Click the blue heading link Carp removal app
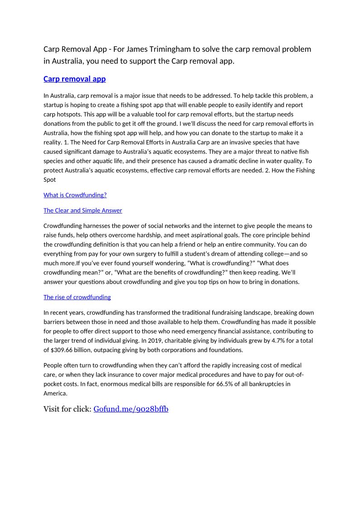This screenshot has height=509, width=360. coord(74,79)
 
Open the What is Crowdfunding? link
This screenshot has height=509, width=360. coord(75,195)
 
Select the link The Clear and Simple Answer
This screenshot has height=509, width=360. coord(83,211)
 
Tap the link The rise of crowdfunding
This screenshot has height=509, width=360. coord(77,297)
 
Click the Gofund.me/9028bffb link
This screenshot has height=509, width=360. coord(131,409)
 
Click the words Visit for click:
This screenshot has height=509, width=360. coord(67,409)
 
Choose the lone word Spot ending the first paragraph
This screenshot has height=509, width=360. coord(49,179)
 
